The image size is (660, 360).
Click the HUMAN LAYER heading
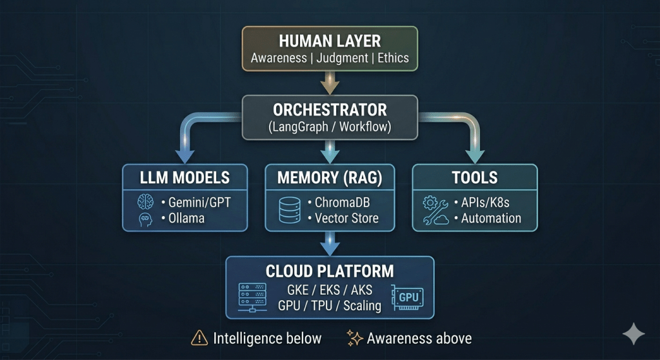[330, 41]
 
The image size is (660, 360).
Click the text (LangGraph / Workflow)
[330, 126]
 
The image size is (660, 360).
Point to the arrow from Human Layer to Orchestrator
[330, 82]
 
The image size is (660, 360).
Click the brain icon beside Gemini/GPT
[146, 203]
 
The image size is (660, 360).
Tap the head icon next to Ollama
[146, 219]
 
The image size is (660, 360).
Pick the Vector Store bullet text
[346, 218]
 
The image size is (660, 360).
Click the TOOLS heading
[475, 177]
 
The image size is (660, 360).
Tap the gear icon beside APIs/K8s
[430, 203]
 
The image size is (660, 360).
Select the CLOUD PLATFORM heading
[330, 270]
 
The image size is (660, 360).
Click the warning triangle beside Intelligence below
[199, 338]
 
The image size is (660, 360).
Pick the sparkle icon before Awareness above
[354, 337]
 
